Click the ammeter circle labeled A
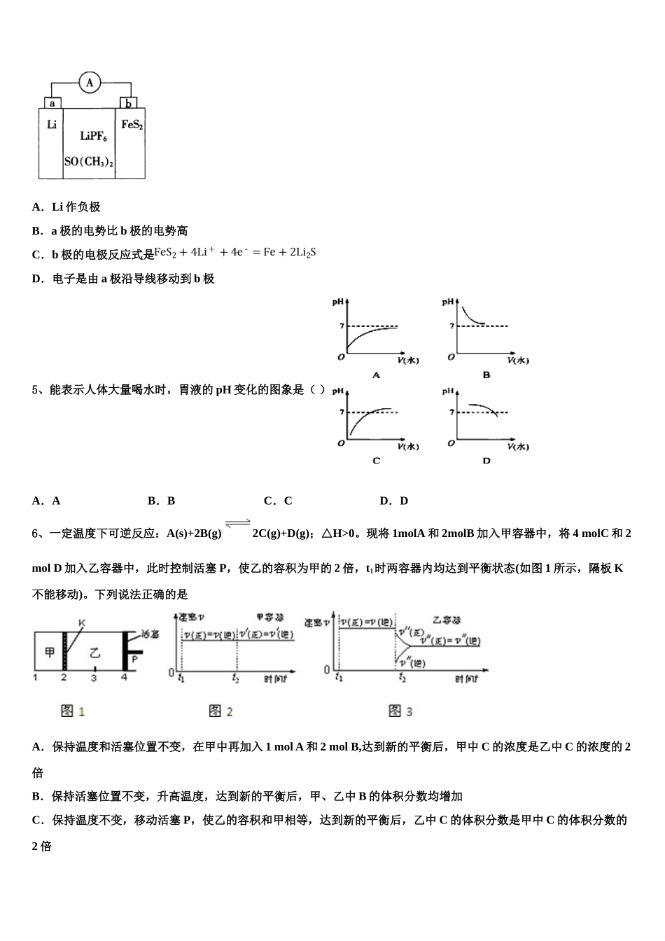tap(90, 83)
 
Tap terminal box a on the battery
tap(52, 103)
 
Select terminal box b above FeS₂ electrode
tap(128, 104)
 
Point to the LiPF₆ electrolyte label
tap(93, 136)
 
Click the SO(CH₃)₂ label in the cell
tap(89, 162)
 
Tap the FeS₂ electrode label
tap(132, 125)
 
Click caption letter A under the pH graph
tap(376, 375)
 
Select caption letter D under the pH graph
tap(486, 461)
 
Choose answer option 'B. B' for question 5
tap(162, 501)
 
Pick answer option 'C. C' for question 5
tap(278, 501)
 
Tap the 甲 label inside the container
tap(50, 653)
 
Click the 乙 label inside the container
tap(94, 653)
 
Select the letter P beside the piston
tap(134, 659)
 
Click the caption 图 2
tap(220, 711)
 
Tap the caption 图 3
tap(400, 711)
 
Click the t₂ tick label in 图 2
tap(236, 678)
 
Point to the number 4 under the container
tap(125, 678)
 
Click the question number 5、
tap(38, 390)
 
